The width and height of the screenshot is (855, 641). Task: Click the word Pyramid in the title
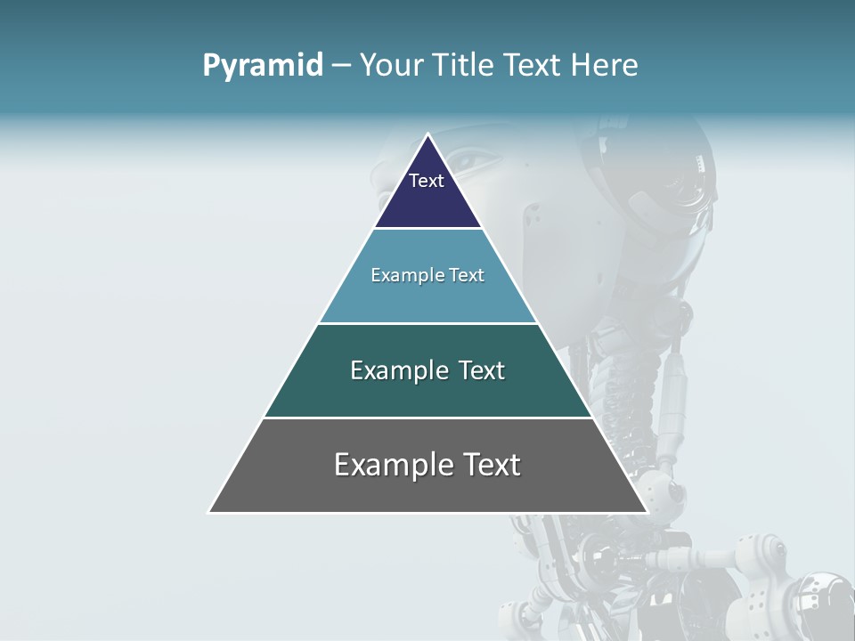point(263,66)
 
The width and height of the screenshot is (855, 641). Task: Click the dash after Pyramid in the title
point(340,66)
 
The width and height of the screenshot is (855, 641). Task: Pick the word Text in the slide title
point(533,65)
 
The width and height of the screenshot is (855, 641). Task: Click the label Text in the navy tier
point(427,181)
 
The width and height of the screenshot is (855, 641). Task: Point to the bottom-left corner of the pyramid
point(209,512)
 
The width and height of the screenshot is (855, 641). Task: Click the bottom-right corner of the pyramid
point(647,512)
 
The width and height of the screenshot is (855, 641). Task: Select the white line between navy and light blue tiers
point(427,229)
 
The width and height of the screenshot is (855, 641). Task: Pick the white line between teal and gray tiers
point(427,418)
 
